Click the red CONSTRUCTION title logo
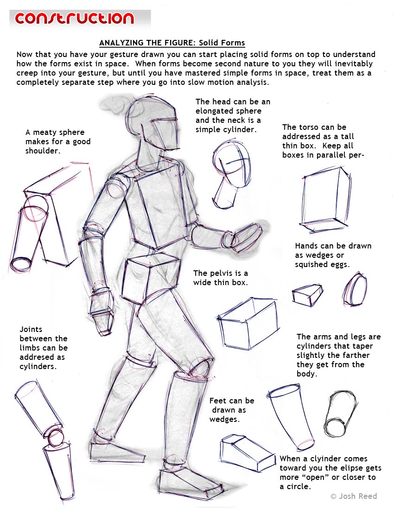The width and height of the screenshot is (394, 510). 74,19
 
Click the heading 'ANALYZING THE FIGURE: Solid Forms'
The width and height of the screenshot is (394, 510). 172,44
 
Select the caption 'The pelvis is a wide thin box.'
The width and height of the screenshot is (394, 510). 221,277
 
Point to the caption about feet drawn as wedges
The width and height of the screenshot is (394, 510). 231,410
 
